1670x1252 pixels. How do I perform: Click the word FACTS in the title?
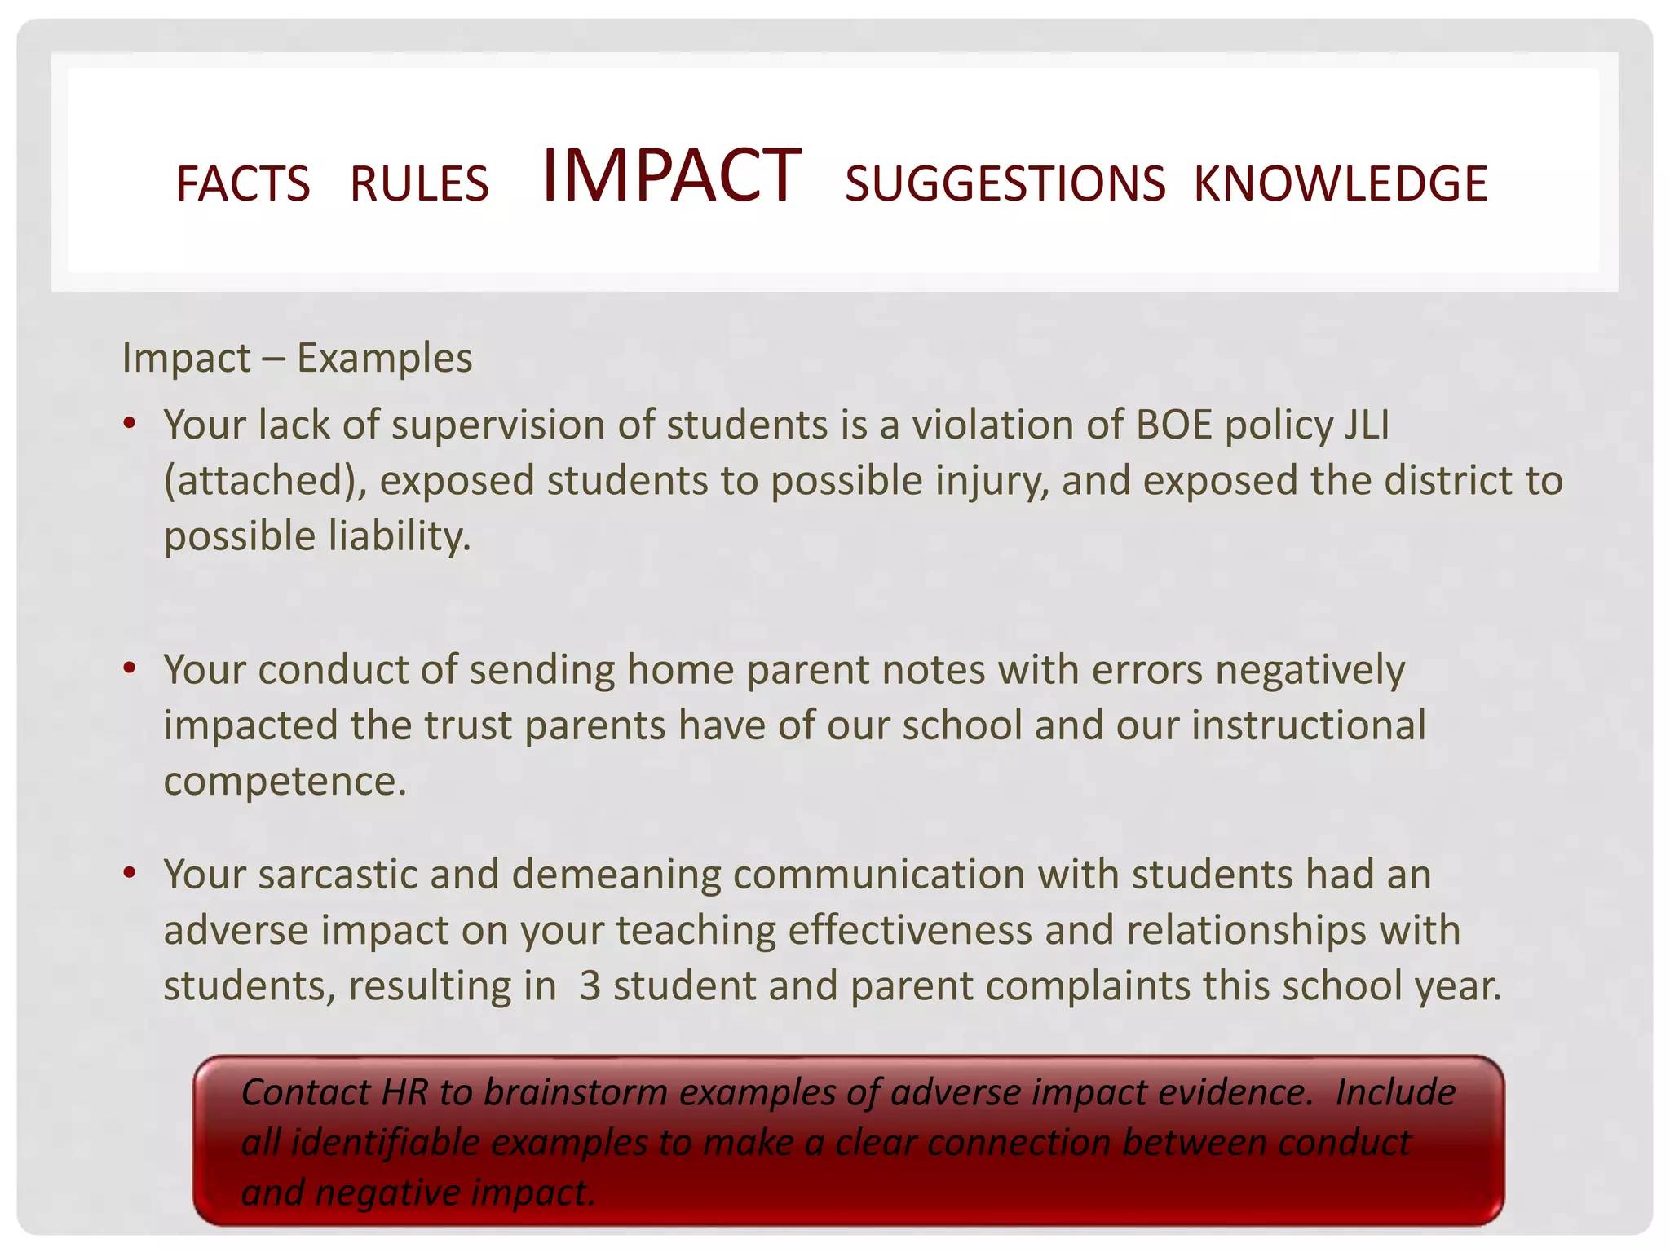[x=243, y=183]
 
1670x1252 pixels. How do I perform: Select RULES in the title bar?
[x=419, y=183]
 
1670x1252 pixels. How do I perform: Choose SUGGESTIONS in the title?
[x=1005, y=183]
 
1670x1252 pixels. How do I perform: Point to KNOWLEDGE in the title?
[x=1341, y=183]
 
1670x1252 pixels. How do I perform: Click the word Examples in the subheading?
[x=384, y=358]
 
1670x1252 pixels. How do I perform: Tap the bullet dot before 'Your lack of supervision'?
[x=129, y=423]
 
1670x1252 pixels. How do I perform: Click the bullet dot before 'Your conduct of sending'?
[x=129, y=668]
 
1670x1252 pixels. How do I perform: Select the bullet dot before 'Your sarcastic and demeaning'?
[x=129, y=873]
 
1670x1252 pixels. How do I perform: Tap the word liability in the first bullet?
[x=400, y=536]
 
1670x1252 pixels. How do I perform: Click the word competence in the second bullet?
[x=285, y=781]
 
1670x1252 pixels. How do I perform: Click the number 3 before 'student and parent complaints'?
[x=590, y=985]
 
